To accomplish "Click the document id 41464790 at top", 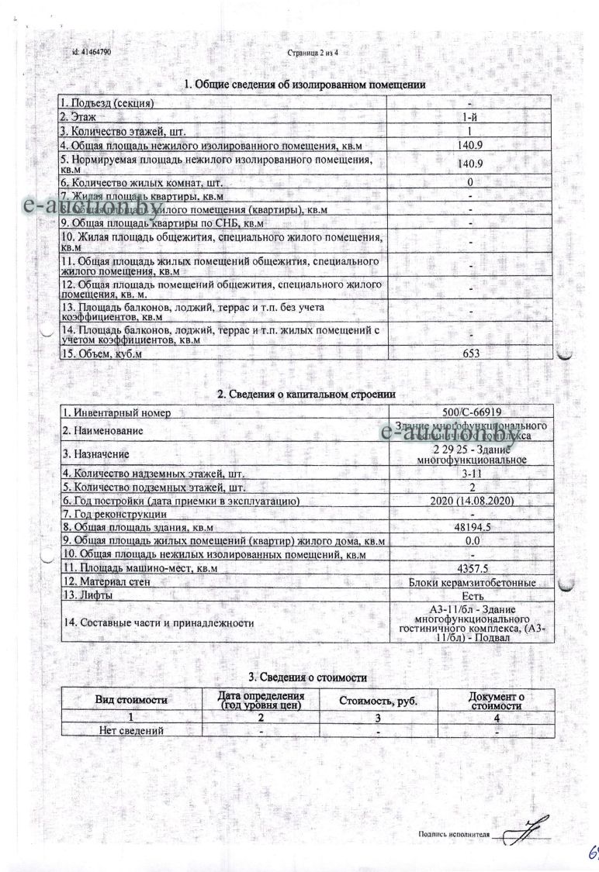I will pyautogui.click(x=92, y=53).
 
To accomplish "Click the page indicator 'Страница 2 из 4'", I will pyautogui.click(x=313, y=53).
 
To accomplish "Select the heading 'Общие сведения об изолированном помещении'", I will pyautogui.click(x=304, y=84).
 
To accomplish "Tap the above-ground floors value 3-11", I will pyautogui.click(x=472, y=474).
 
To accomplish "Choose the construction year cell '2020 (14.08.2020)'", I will pyautogui.click(x=472, y=501).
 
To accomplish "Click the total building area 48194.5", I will pyautogui.click(x=472, y=527).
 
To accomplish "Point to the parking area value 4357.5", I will pyautogui.click(x=472, y=567).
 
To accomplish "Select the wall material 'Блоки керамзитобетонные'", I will pyautogui.click(x=472, y=581).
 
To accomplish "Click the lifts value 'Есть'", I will pyautogui.click(x=472, y=595).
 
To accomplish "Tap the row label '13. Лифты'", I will pyautogui.click(x=86, y=595).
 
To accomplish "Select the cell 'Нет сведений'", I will pyautogui.click(x=131, y=730).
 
